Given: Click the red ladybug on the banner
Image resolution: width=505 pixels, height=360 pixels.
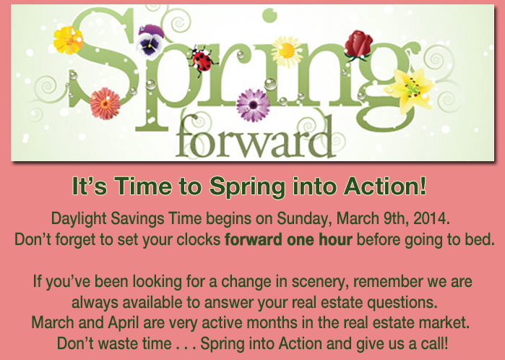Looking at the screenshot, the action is (202, 61).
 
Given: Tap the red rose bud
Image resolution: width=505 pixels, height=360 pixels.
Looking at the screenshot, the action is (358, 45).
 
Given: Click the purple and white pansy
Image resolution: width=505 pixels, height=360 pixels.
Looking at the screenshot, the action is (150, 42).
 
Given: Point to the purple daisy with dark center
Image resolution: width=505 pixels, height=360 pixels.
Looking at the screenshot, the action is (253, 105).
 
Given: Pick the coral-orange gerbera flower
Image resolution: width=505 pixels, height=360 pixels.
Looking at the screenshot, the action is (105, 103).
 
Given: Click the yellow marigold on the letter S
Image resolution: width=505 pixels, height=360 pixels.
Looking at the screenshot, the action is (69, 40).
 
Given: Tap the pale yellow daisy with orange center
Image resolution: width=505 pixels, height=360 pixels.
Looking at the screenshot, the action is (286, 51).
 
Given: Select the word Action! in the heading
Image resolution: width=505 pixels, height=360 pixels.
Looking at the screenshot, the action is (385, 186).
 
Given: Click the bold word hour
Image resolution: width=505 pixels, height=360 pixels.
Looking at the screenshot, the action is (336, 239).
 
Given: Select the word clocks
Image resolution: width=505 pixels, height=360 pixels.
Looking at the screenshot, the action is (199, 239).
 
